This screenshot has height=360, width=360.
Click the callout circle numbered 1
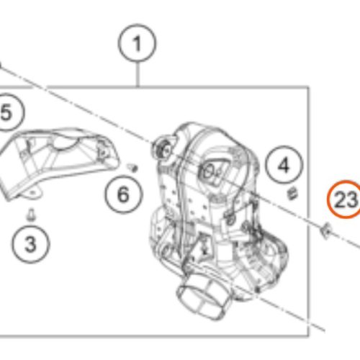[x=137, y=43]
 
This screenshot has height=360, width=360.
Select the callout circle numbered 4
[x=284, y=165]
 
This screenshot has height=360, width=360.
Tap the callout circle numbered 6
[x=124, y=194]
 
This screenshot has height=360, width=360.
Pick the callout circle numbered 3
[x=31, y=244]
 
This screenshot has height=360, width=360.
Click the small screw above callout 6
[x=132, y=167]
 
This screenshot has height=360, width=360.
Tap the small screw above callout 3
[x=31, y=215]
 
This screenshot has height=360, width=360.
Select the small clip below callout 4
[x=292, y=194]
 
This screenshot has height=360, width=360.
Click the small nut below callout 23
[x=326, y=230]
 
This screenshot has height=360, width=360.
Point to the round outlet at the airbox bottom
[x=203, y=297]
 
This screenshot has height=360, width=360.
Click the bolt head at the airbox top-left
[x=162, y=148]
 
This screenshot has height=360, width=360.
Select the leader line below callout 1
[x=138, y=74]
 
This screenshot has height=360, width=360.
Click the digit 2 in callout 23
[x=341, y=199]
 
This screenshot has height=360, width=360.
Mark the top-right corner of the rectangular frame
[x=308, y=86]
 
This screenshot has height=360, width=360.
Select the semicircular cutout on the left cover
[x=66, y=145]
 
